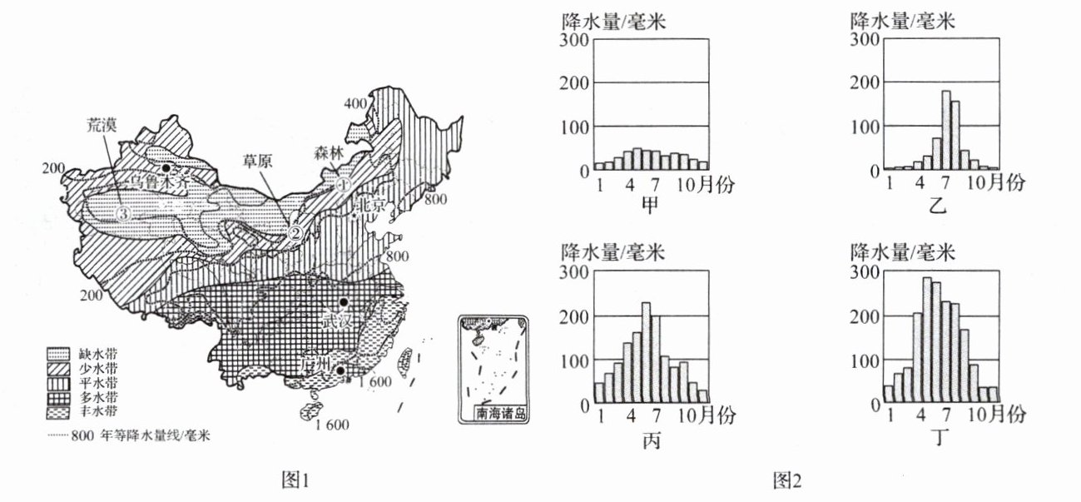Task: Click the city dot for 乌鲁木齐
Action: [x=167, y=168]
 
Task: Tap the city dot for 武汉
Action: [x=343, y=302]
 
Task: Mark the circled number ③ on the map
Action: [x=124, y=214]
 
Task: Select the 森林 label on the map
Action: [x=327, y=152]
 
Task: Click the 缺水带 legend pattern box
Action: [x=55, y=353]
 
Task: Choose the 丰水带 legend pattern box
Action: [x=55, y=410]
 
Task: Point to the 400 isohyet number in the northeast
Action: [x=356, y=103]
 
